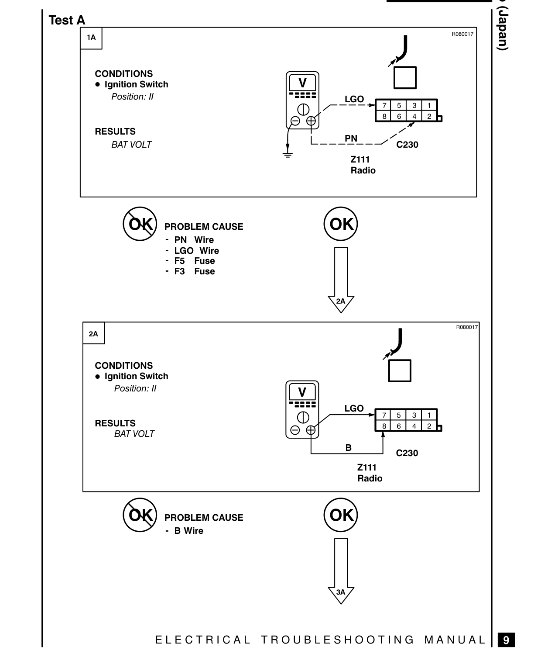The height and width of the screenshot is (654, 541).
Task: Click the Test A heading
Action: click(67, 21)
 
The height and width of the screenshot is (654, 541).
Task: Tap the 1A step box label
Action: click(91, 38)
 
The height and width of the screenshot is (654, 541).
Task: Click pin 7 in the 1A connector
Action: click(384, 106)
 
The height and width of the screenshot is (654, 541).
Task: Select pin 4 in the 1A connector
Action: click(414, 116)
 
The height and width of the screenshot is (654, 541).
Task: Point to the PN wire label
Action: click(351, 138)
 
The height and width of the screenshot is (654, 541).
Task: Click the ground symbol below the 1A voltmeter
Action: click(288, 155)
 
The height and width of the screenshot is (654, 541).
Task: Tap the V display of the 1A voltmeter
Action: click(302, 83)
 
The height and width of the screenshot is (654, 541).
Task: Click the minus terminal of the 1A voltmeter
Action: click(295, 121)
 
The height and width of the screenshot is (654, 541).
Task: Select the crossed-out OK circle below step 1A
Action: click(140, 224)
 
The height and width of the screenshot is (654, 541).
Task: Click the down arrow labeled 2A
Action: click(341, 280)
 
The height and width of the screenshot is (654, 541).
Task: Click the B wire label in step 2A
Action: click(348, 448)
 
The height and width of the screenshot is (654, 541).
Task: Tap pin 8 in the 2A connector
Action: click(384, 426)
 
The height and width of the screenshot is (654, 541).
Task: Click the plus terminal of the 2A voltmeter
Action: click(310, 430)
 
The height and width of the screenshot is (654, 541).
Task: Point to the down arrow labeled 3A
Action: click(341, 571)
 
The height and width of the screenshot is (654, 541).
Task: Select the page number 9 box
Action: click(506, 640)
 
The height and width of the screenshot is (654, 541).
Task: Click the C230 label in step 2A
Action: click(407, 453)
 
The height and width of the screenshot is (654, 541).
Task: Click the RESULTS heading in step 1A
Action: click(115, 131)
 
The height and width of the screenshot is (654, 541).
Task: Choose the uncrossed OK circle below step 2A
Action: click(341, 515)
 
